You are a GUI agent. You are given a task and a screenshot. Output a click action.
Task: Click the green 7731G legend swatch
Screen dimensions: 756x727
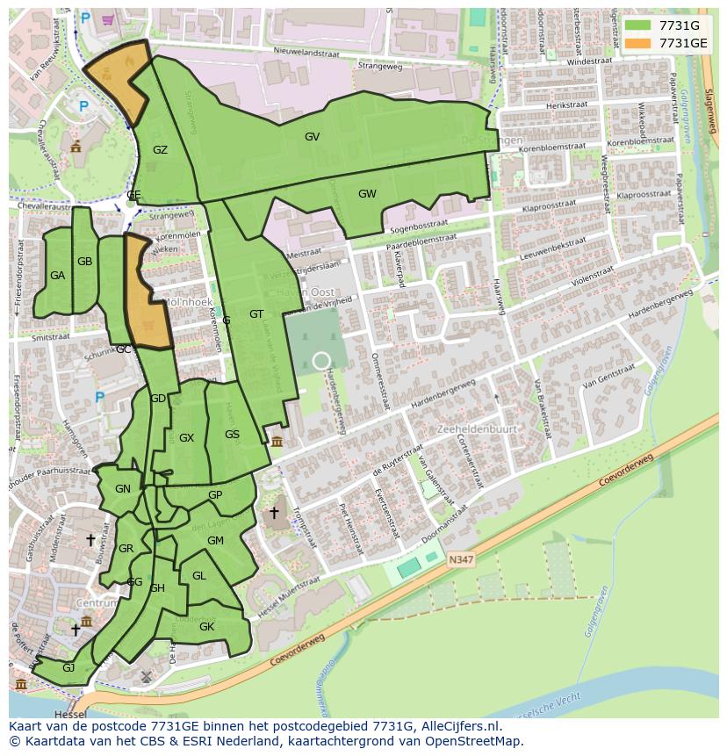[x=637, y=25]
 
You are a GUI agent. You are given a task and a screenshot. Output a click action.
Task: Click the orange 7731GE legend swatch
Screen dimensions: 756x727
[x=637, y=43]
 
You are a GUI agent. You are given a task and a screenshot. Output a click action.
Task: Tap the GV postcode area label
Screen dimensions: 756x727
[x=312, y=137]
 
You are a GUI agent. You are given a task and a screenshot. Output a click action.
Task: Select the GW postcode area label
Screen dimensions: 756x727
[x=367, y=194]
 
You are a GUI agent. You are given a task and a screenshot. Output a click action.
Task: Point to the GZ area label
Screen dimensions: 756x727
[x=160, y=150]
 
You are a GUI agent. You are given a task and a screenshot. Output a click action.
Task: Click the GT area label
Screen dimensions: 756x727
[x=256, y=314]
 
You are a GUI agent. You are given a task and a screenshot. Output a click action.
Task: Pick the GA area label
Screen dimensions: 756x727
[x=57, y=276]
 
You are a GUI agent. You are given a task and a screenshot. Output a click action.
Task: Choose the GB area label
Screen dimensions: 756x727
[x=84, y=262]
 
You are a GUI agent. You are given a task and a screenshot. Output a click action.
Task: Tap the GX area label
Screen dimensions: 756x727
[x=186, y=438]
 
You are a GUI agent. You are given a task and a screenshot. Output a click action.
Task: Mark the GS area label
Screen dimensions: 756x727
[x=232, y=435]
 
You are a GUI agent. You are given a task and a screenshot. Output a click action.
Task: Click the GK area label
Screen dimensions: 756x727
[x=206, y=627]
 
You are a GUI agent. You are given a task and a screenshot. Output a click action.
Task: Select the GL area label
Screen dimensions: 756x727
[x=198, y=576]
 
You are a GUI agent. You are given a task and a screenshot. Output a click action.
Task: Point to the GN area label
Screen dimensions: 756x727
[x=123, y=489]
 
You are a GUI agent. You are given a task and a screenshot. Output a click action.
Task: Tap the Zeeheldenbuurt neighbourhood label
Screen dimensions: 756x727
[x=477, y=429]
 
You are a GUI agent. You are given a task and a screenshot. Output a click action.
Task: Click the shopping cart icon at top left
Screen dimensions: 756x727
[x=108, y=18]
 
